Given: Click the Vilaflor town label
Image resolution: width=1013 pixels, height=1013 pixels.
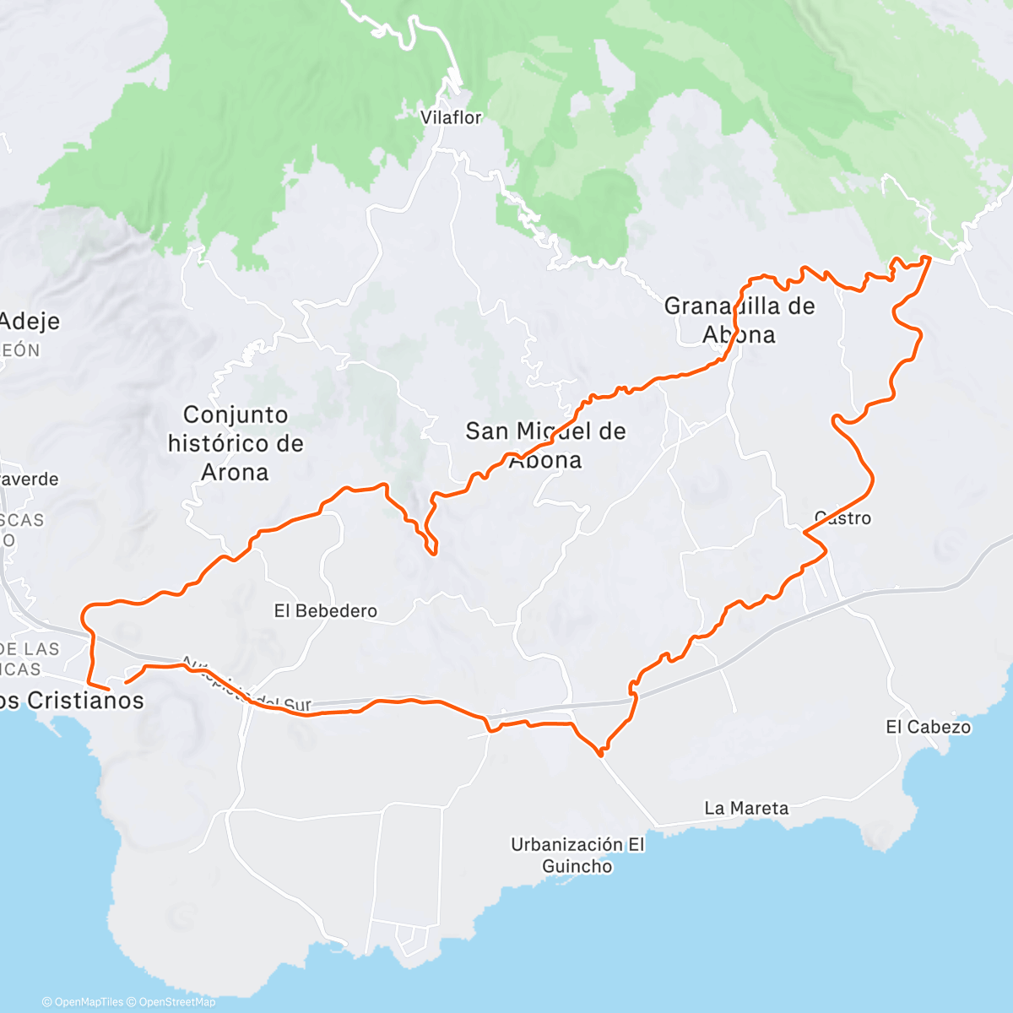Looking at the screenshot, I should pyautogui.click(x=451, y=118).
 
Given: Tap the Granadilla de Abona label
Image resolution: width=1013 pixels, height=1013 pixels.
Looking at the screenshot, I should pyautogui.click(x=739, y=320).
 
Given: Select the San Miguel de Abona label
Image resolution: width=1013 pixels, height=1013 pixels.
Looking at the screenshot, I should pyautogui.click(x=546, y=445).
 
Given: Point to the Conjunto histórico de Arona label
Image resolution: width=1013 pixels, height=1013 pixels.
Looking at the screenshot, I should pyautogui.click(x=236, y=443).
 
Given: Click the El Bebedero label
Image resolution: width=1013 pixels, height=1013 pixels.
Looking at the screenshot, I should pyautogui.click(x=325, y=611).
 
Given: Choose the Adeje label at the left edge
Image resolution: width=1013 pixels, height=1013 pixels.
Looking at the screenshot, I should pyautogui.click(x=30, y=322).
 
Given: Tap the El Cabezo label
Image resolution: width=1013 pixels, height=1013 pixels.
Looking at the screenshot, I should pyautogui.click(x=928, y=727).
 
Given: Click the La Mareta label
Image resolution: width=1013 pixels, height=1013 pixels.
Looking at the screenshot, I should pyautogui.click(x=746, y=809).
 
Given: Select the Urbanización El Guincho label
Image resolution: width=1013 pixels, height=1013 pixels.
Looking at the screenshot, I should pyautogui.click(x=577, y=855).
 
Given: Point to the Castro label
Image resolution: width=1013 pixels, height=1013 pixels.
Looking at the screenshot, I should pyautogui.click(x=842, y=518).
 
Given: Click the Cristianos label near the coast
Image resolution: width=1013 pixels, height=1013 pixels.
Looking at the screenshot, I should pyautogui.click(x=76, y=701).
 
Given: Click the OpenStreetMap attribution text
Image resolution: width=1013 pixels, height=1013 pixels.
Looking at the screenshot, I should pyautogui.click(x=177, y=1002).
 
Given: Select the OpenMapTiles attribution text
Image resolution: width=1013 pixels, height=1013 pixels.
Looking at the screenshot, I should pyautogui.click(x=88, y=1002).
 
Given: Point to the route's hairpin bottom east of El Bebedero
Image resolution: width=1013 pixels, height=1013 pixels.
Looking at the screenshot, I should pyautogui.click(x=434, y=553).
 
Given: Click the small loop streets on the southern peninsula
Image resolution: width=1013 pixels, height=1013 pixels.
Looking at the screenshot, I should pyautogui.click(x=408, y=935).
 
